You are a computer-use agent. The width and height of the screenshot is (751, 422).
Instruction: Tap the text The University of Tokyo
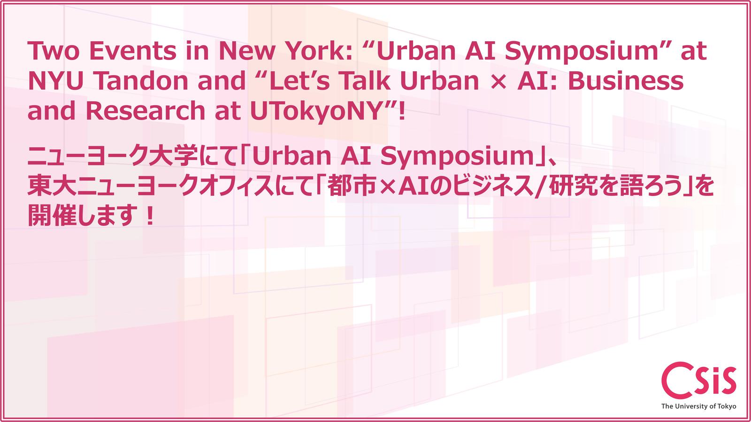pos(698,406)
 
